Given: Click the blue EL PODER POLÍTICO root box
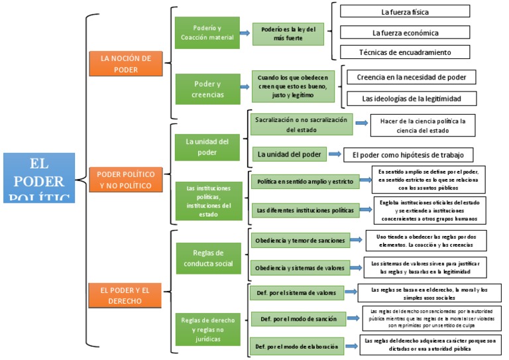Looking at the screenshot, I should [38, 178].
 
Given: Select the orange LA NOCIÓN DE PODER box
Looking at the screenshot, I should [125, 64].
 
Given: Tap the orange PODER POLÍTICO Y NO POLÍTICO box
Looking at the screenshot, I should [126, 180].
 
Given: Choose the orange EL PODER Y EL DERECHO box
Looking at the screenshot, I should [125, 295].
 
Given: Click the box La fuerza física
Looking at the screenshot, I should [404, 12].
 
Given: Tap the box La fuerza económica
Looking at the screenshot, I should [404, 32].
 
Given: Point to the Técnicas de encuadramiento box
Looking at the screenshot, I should [404, 52].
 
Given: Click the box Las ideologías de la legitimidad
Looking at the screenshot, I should [411, 98].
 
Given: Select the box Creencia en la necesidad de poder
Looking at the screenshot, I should [411, 78].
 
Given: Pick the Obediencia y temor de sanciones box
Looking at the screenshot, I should [302, 240].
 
